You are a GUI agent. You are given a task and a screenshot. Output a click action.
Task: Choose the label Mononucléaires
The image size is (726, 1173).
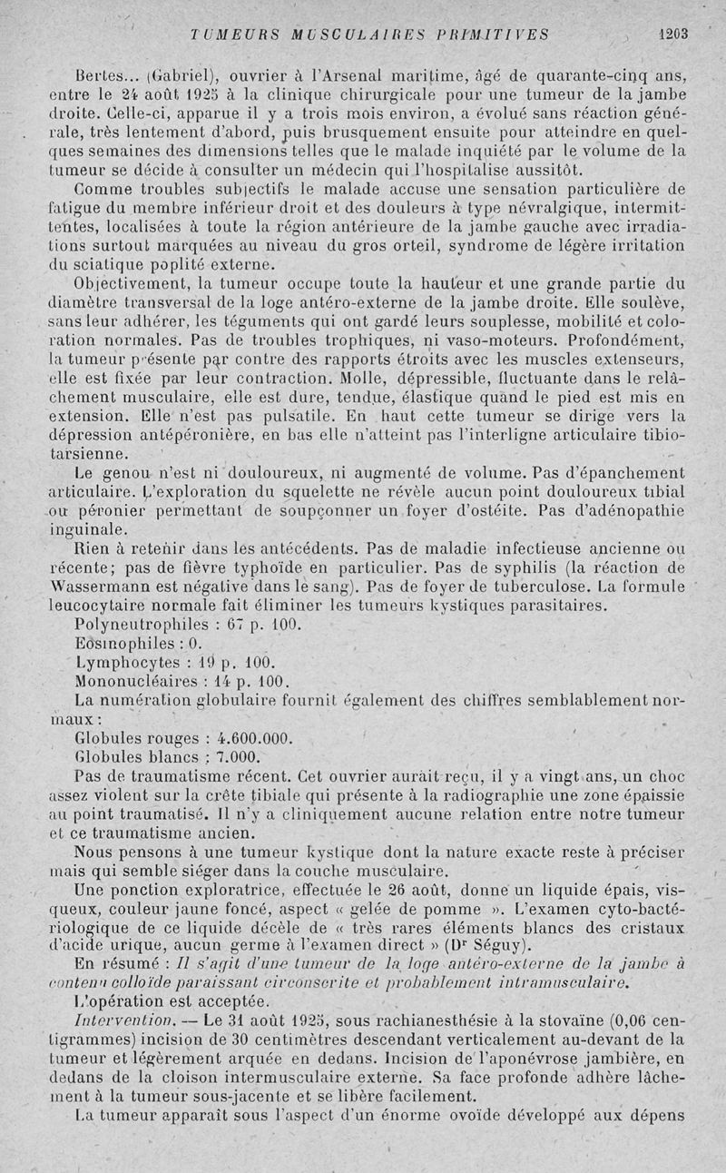pos(132,681)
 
